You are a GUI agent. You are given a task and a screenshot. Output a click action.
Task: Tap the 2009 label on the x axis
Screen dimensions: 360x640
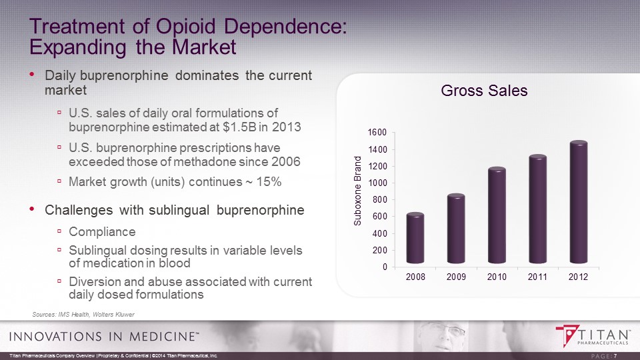pos(457,277)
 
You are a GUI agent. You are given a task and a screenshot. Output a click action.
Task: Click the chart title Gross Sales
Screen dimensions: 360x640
pos(485,91)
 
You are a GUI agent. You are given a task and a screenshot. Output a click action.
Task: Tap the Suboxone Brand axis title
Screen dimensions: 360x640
pos(357,191)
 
